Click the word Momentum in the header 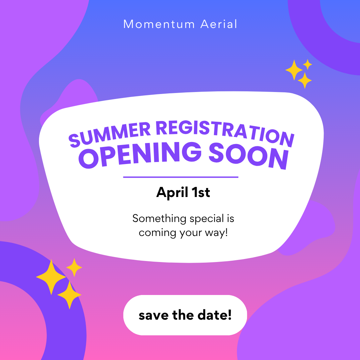click(x=159, y=24)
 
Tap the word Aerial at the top click(x=219, y=24)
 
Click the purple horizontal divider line click(x=181, y=177)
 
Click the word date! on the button click(x=216, y=315)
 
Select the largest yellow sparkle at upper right click(x=294, y=70)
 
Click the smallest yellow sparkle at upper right click(x=308, y=64)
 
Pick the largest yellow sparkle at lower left click(x=51, y=277)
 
